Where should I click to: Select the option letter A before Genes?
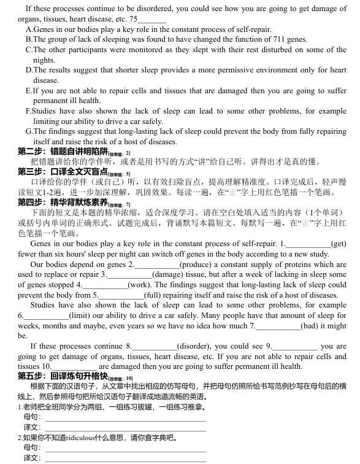[28, 29]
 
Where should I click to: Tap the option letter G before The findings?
[28, 131]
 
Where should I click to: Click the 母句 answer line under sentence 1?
[123, 417]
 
